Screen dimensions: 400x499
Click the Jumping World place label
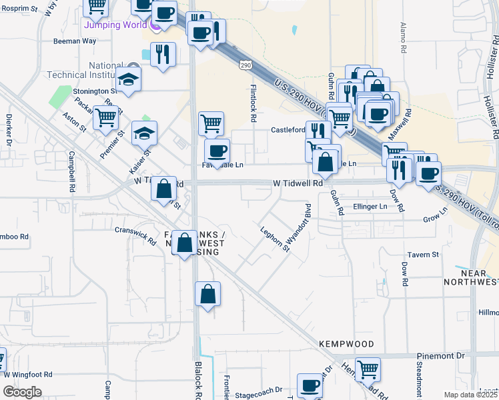115,25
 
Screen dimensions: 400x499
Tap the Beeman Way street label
75,41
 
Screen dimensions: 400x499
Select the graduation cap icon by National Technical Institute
129,79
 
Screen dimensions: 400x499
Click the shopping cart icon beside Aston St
106,118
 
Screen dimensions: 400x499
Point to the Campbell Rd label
71,172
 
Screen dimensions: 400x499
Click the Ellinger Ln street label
370,207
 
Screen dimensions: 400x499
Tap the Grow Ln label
435,218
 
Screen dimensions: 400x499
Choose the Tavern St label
423,255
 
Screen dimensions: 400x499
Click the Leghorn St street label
275,240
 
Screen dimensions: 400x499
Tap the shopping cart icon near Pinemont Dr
368,368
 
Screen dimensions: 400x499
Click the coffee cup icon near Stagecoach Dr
310,385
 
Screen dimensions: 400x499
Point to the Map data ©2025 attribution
471,395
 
